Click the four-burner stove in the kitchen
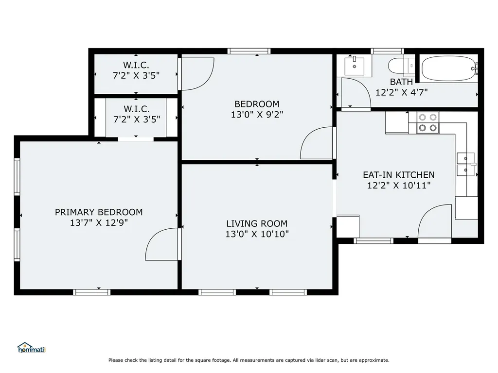click(427, 122)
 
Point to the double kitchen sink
click(466, 164)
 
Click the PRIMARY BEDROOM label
click(99, 212)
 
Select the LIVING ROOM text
click(257, 224)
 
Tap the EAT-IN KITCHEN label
click(399, 175)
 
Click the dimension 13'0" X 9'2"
click(257, 115)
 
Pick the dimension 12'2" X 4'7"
click(401, 92)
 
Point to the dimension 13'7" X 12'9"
click(99, 223)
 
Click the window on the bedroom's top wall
click(249, 51)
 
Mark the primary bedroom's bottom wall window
click(92, 292)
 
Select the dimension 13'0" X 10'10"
click(257, 235)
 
